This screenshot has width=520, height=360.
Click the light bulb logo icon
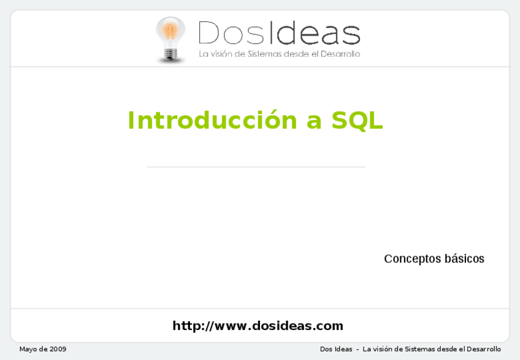point(170,39)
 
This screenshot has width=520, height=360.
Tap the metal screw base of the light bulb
point(170,54)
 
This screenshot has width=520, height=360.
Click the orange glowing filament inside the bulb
point(170,32)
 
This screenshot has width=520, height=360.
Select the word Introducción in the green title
point(213,120)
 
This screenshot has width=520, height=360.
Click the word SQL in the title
point(357,120)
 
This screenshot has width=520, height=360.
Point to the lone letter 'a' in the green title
point(314,122)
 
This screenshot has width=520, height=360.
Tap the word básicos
point(464,258)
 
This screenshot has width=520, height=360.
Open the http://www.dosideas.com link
point(258,326)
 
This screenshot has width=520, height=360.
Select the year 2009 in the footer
point(58,349)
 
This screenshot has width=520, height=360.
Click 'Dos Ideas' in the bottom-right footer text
point(336,349)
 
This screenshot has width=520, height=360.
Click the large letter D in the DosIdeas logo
point(208,33)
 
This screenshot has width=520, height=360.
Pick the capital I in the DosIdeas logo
point(272,33)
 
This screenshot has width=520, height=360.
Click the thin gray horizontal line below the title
point(256,167)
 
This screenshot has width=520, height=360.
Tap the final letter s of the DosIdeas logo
point(351,36)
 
